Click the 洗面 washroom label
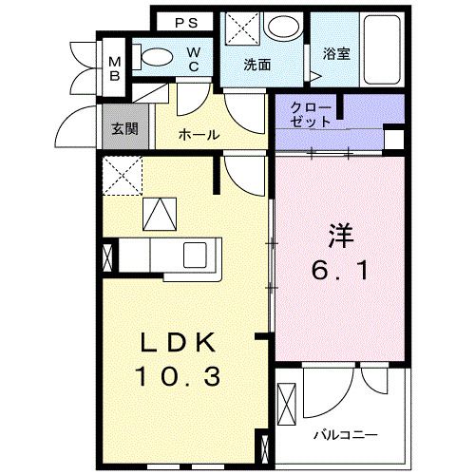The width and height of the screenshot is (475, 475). pyautogui.click(x=256, y=66)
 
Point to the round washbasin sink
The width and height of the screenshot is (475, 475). pyautogui.click(x=281, y=27)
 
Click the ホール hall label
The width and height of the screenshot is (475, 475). pyautogui.click(x=199, y=136)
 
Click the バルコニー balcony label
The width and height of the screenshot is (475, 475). pyautogui.click(x=347, y=435)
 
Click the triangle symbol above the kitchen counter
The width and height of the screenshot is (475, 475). pyautogui.click(x=159, y=214)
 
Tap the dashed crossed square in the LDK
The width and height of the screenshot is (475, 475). pyautogui.click(x=123, y=174)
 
